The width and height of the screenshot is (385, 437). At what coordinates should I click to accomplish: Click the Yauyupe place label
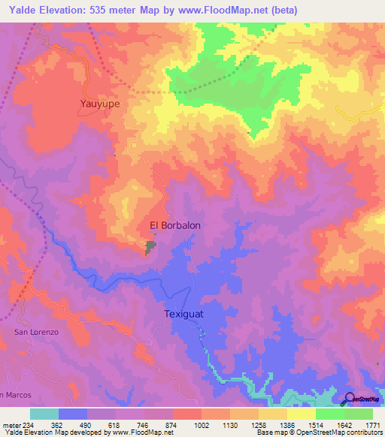pyautogui.click(x=100, y=104)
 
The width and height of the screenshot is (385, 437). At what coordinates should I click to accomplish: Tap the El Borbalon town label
pyautogui.click(x=175, y=225)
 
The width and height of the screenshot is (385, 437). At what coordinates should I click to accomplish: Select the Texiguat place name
pyautogui.click(x=185, y=315)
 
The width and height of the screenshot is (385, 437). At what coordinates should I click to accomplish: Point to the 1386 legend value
pyautogui.click(x=288, y=424)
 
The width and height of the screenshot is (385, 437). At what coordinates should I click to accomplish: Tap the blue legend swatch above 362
pyautogui.click(x=72, y=414)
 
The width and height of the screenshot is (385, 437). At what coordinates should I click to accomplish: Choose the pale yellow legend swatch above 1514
pyautogui.click(x=301, y=414)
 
